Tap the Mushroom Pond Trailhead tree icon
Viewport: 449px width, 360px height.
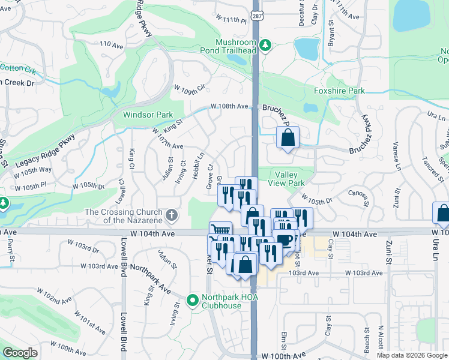(264, 45)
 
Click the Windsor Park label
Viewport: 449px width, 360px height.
(148, 115)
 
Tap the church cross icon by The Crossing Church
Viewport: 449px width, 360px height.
(172, 215)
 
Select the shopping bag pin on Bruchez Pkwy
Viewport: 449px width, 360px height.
(288, 137)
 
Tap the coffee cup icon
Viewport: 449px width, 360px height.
(285, 241)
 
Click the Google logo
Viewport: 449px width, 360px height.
(20, 353)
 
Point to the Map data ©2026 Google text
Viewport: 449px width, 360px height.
(412, 355)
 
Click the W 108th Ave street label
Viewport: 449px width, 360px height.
(229, 106)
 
